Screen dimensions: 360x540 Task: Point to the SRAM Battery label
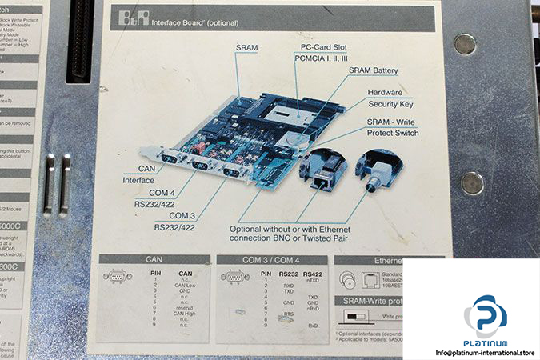click(x=373, y=70)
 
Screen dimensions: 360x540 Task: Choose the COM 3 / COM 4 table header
click(x=271, y=260)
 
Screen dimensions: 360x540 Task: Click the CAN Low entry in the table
click(x=186, y=285)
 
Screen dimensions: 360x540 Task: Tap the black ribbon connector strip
click(x=82, y=40)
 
